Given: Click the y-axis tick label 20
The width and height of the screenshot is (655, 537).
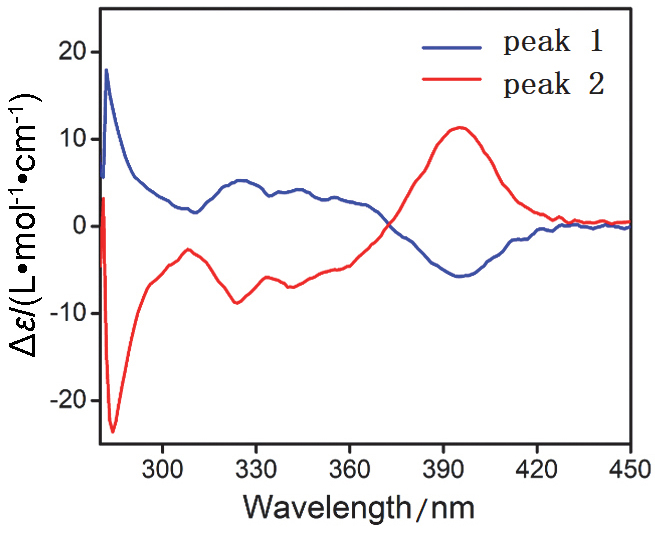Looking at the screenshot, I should tap(73, 52).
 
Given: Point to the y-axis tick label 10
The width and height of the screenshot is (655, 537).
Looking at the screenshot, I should tap(73, 139).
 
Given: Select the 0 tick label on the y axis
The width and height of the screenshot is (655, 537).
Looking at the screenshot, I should tap(80, 226).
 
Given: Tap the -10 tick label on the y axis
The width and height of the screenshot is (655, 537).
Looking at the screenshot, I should tap(68, 314).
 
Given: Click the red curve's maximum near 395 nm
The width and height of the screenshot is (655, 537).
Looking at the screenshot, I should tap(459, 127).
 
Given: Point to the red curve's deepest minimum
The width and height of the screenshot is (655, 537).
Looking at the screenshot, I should tap(113, 431).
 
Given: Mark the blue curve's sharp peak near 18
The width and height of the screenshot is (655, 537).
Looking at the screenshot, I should tap(106, 70).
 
